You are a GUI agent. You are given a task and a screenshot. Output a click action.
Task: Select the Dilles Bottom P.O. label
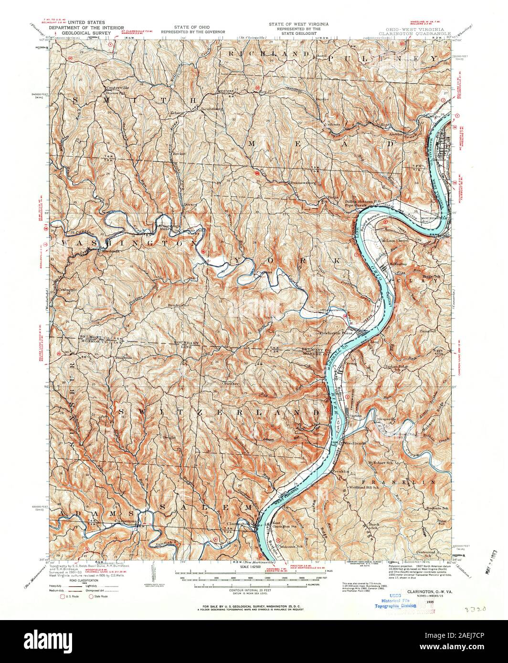[x=362, y=202]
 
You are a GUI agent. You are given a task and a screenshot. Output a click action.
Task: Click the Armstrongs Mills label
[x=170, y=227]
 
